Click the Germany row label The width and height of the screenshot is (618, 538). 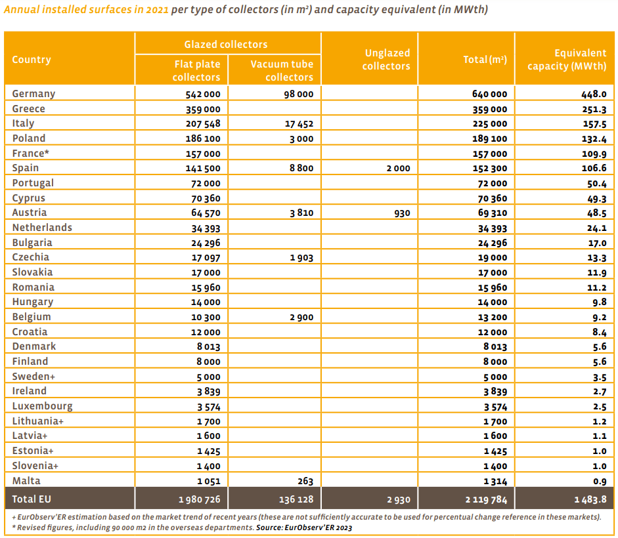pyautogui.click(x=33, y=94)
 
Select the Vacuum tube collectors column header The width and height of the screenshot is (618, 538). pyautogui.click(x=282, y=70)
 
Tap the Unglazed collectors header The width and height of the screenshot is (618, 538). pyautogui.click(x=386, y=60)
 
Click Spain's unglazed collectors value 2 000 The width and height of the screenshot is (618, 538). pyautogui.click(x=398, y=169)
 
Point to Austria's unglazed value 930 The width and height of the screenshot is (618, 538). pyautogui.click(x=402, y=213)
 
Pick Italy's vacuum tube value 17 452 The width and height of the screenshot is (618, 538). pyautogui.click(x=299, y=124)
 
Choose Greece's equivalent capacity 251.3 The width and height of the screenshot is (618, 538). pyautogui.click(x=594, y=110)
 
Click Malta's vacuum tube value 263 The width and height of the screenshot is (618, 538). pyautogui.click(x=305, y=482)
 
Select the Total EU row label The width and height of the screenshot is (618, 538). pyautogui.click(x=32, y=499)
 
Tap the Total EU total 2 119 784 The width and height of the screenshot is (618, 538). pyautogui.click(x=486, y=500)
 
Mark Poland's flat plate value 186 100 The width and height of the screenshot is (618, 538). pyautogui.click(x=203, y=139)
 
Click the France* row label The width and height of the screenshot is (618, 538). pyautogui.click(x=30, y=154)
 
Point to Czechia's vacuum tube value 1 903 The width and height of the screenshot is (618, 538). pyautogui.click(x=301, y=258)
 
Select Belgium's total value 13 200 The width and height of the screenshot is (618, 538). pyautogui.click(x=493, y=318)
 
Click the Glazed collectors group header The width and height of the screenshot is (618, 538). pyautogui.click(x=226, y=45)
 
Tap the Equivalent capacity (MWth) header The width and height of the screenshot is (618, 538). pyautogui.click(x=567, y=60)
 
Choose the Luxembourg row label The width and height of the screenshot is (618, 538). pyautogui.click(x=42, y=406)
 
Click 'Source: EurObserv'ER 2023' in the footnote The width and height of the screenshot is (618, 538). pyautogui.click(x=304, y=528)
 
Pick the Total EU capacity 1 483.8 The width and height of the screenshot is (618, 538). pyautogui.click(x=590, y=500)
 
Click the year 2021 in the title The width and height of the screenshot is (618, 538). pyautogui.click(x=157, y=9)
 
